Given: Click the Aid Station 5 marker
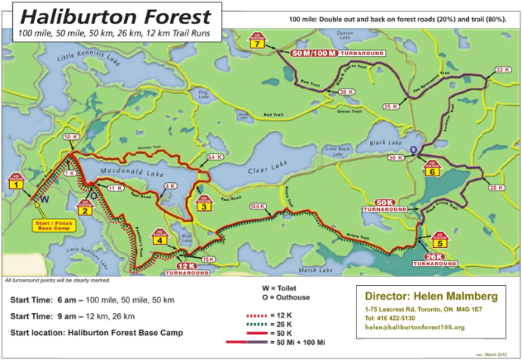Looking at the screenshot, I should click(440, 241).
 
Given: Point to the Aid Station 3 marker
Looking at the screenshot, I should click(203, 203).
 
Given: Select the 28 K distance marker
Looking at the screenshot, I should click(496, 188).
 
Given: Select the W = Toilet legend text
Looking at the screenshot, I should click(282, 288).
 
